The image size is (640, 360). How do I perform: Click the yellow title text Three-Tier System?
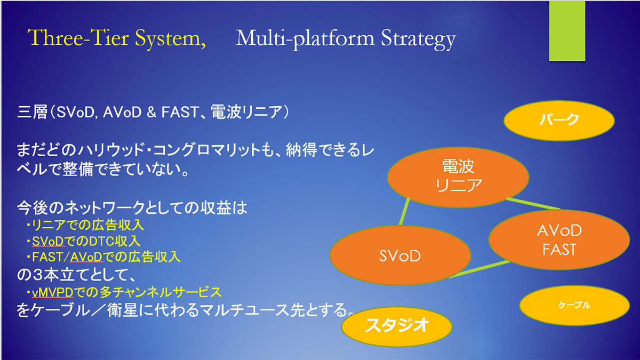pos(117,38)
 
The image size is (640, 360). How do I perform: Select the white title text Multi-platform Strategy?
pos(346,39)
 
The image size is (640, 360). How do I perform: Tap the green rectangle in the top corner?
pos(567,30)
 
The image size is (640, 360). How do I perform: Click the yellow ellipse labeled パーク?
pos(559,121)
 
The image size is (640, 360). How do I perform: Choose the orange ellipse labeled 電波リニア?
pos(458,177)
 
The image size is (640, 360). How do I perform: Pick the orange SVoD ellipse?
pos(400,255)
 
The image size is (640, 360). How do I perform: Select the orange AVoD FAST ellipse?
pos(559,239)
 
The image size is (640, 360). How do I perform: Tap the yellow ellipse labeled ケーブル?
pos(574,305)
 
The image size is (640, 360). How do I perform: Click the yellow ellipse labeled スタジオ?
pos(397,326)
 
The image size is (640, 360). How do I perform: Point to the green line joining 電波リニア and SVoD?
pos(404,212)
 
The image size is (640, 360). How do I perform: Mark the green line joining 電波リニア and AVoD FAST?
pos(533,204)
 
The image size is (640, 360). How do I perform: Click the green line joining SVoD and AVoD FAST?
pos(480,269)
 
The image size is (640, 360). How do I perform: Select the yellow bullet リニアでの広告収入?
pos(85,225)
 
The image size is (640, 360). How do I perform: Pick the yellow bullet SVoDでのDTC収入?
pos(83,241)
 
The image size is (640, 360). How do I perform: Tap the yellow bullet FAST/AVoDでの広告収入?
pos(103,257)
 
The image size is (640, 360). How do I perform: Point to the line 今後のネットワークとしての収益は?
pos(132,207)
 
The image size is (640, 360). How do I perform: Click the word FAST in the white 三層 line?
pos(180,111)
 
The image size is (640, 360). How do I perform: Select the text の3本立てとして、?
pos(76,275)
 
